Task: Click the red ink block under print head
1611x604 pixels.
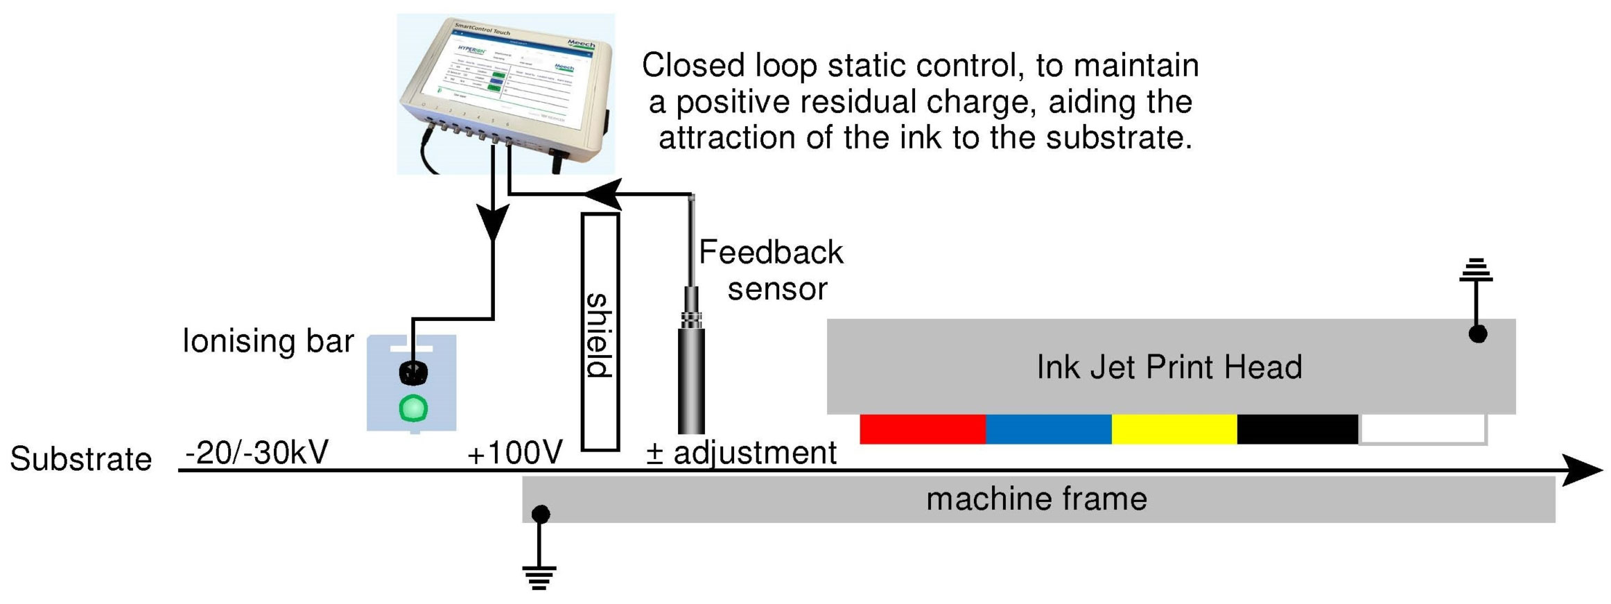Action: coord(922,429)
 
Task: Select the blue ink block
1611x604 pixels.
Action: coord(1048,429)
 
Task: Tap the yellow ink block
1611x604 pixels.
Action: coord(1174,429)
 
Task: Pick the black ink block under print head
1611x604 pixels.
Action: coord(1297,429)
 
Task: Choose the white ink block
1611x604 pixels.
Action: coord(1422,429)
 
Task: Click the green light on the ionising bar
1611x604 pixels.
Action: coord(413,408)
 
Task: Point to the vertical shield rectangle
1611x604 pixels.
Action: coord(600,332)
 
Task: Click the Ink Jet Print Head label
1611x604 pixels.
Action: coord(1169,367)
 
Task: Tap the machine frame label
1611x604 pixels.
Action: coord(1036,499)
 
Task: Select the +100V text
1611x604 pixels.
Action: coord(514,454)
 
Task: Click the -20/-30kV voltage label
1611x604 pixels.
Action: coord(256,453)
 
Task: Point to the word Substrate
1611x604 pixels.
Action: coord(81,459)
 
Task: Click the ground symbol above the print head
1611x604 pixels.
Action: coord(1476,270)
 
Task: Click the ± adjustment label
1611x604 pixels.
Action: coord(741,453)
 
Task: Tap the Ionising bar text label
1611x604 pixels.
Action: coord(268,341)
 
